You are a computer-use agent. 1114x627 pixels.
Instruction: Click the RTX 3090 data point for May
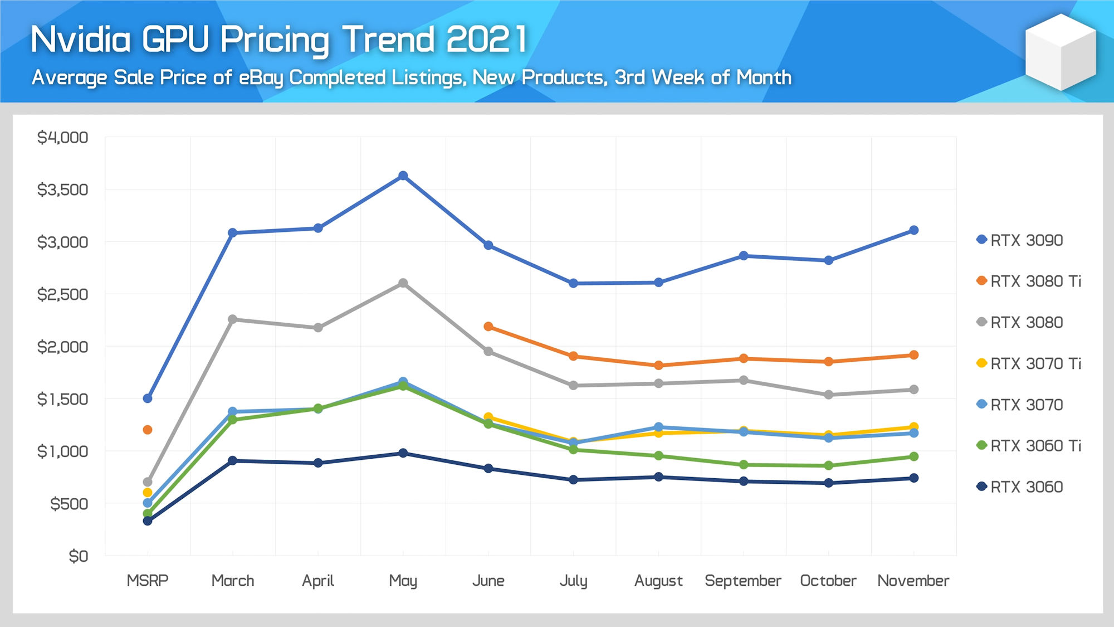403,176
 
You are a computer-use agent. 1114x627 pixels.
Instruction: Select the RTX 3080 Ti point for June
488,327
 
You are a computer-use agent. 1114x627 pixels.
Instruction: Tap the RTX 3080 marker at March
233,319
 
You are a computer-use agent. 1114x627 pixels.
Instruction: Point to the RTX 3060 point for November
913,478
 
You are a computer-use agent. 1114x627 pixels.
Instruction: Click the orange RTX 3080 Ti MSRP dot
148,430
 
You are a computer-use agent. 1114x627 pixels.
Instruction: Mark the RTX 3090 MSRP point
148,398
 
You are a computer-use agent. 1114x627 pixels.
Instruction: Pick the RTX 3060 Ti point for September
744,465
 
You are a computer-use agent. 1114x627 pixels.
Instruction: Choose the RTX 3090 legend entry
1020,240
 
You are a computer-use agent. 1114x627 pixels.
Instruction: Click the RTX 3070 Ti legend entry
1029,364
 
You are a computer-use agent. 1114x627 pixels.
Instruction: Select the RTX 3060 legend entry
1020,487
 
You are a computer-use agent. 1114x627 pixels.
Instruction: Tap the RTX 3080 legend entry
1020,323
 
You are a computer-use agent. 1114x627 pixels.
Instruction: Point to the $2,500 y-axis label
62,294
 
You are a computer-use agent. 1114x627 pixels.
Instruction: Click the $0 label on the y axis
78,556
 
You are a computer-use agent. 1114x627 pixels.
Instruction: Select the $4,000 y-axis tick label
62,138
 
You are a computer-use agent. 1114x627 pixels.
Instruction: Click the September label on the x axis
743,581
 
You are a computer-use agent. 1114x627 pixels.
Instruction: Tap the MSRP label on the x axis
148,581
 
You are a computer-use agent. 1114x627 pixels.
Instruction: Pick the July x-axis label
574,581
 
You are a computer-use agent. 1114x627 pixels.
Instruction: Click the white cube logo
1061,52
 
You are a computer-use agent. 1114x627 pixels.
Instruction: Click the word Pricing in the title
275,40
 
